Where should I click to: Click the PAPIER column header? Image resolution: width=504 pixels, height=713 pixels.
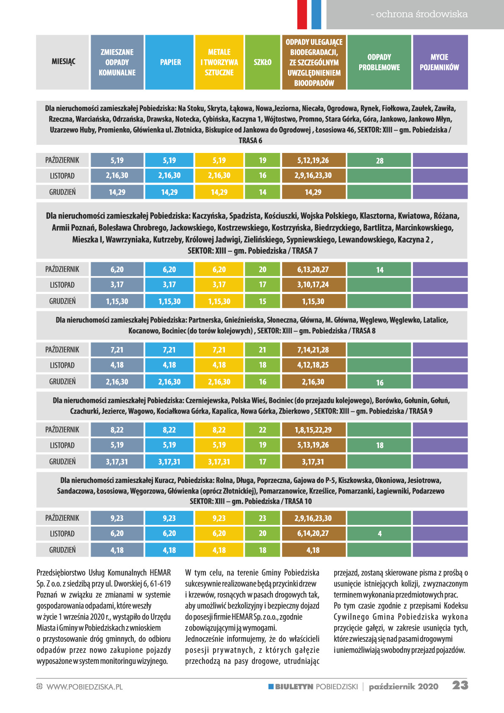169,62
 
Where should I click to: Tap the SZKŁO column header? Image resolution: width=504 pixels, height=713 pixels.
263,62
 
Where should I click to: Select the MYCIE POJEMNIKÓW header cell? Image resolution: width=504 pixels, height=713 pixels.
440,62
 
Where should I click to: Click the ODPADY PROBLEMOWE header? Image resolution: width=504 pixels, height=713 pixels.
379,62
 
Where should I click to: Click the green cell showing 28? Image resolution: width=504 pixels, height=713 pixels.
379,160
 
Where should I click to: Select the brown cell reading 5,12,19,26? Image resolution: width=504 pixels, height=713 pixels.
314,160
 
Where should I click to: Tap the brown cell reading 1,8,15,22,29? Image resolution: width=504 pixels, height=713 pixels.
314,430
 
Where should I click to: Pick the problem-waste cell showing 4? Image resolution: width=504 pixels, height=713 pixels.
379,533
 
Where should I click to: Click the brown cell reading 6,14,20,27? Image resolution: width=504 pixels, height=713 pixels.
314,533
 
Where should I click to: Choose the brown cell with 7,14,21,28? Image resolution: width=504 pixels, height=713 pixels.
314,350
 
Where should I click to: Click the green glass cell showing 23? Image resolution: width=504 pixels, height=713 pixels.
263,518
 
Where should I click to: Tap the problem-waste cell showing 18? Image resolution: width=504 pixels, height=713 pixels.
379,445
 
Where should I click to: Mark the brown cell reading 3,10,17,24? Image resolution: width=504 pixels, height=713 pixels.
314,285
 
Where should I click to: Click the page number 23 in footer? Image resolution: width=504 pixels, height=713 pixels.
460,685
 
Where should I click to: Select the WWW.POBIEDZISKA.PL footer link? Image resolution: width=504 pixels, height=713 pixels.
85,687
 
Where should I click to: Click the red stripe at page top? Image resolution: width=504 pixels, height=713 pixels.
302,14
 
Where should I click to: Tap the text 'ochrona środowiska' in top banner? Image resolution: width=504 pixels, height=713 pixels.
421,14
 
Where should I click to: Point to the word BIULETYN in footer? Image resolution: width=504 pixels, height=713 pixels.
294,687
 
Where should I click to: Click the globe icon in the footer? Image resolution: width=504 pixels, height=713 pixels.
39,686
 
